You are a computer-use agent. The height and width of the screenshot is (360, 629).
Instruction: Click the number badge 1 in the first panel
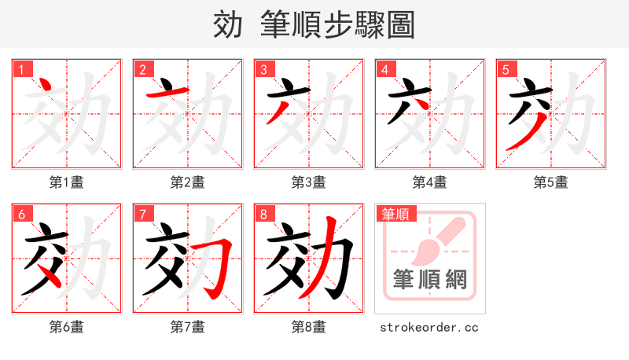coord(20,69)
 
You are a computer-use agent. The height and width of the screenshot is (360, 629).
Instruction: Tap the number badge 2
coord(142,69)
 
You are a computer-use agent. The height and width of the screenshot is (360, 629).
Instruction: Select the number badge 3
coord(263,69)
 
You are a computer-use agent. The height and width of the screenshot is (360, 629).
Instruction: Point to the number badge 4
coord(384,69)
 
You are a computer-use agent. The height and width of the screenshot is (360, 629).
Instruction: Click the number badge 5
coord(505,69)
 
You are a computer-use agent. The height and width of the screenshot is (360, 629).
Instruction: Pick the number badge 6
coord(20,214)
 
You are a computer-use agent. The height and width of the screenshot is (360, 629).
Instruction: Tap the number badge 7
coord(142,214)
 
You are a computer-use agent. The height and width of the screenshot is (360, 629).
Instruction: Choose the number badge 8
coord(263,214)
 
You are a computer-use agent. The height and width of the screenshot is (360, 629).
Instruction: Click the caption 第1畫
coord(66,182)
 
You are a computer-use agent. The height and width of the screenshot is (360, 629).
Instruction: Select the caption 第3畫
coord(308,182)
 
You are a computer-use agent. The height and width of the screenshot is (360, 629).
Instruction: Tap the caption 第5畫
coord(550,182)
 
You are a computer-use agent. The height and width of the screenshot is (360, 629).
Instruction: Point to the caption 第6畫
coord(66,326)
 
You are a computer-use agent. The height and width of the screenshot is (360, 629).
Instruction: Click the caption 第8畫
coord(308,326)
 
